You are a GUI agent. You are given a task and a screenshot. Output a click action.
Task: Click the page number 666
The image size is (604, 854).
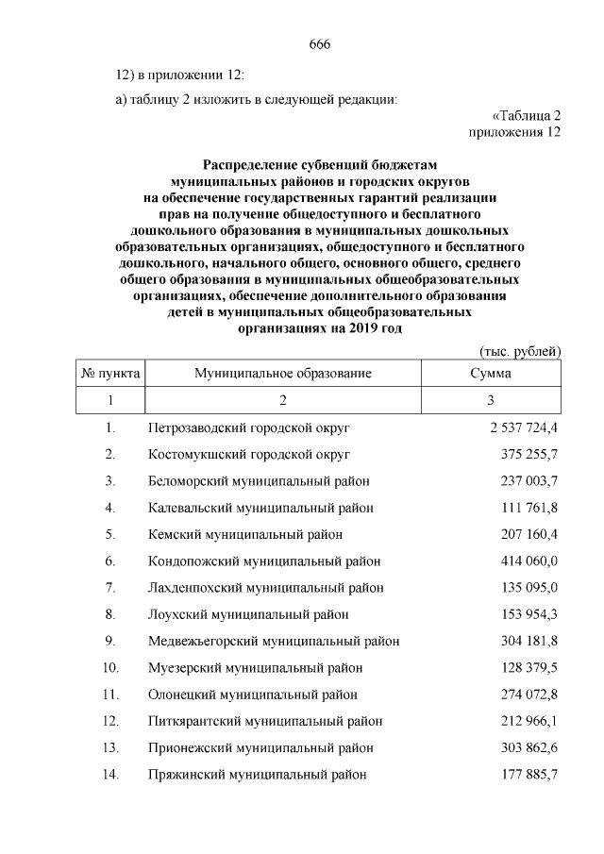pos(319,43)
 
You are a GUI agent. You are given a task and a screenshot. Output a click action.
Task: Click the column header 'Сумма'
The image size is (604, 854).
pos(491,374)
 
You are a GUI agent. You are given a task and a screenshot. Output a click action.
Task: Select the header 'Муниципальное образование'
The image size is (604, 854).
pos(283,374)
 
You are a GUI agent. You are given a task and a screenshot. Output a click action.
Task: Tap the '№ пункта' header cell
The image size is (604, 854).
pos(111,374)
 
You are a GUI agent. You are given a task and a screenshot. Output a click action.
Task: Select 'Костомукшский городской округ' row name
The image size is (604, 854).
pos(249,454)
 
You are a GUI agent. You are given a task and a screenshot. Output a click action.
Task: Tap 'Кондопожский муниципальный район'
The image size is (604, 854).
pos(265,561)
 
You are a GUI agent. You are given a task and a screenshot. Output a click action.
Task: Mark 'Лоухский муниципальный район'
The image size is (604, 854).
pos(248,614)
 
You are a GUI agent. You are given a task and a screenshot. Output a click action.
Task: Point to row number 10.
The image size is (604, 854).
pos(110,668)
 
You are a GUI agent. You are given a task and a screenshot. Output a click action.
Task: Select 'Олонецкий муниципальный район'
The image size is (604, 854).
pos(253,695)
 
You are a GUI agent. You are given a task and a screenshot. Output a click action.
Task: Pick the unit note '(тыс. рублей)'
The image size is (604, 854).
pos(521,351)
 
